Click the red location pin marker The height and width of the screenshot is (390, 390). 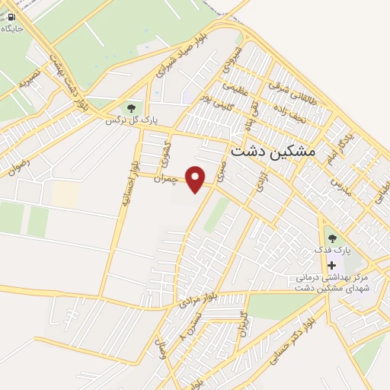click(197, 179)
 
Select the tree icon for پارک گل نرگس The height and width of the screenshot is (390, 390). click(132, 108)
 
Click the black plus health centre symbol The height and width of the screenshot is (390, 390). click(331, 265)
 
